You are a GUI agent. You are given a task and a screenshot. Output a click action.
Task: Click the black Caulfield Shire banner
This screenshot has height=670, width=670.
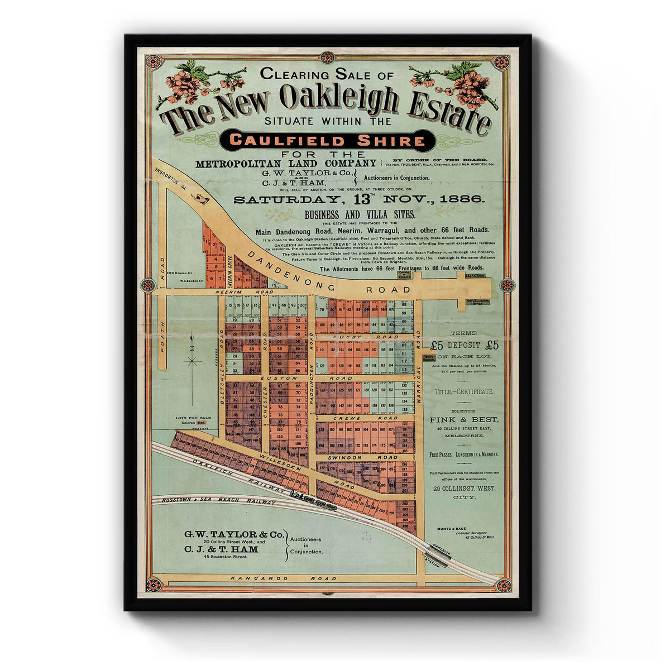click(325, 140)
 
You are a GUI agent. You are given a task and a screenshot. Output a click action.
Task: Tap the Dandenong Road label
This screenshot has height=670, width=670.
click(329, 277)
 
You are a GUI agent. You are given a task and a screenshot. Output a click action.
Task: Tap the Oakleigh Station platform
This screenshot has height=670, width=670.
click(437, 555)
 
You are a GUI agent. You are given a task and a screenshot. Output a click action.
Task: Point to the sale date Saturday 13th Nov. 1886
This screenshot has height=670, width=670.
click(359, 199)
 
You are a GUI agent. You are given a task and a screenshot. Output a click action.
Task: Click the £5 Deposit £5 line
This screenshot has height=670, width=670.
click(465, 345)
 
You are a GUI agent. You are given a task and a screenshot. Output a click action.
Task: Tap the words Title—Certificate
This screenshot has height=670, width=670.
click(464, 392)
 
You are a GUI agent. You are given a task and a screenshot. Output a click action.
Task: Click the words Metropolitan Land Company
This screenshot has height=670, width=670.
click(286, 164)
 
